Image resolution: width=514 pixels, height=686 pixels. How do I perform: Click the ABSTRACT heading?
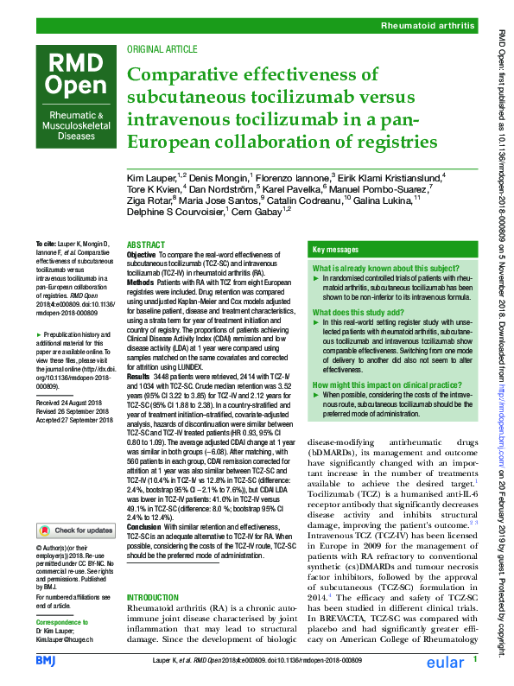[x=145, y=245]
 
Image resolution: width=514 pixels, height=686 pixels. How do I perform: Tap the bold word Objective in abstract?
[x=143, y=256]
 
